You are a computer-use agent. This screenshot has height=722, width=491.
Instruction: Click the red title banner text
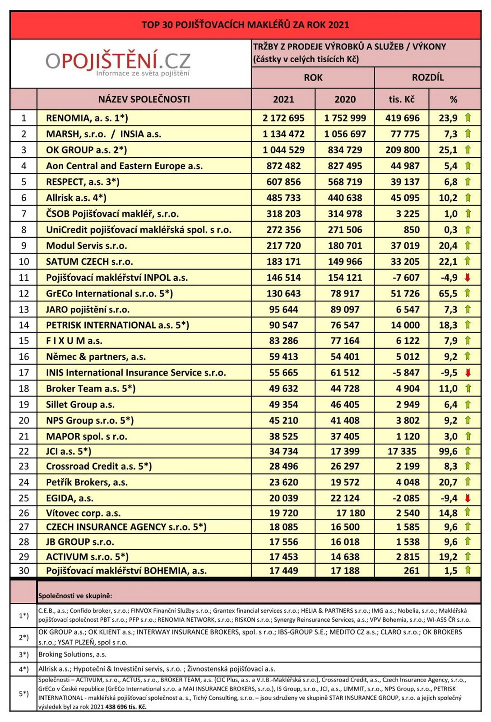tap(245, 25)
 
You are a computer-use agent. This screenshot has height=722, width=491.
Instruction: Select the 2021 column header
tap(283, 99)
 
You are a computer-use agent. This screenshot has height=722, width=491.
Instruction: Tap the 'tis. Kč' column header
tap(401, 99)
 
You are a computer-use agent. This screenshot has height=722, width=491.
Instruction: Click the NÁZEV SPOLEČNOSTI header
tap(144, 99)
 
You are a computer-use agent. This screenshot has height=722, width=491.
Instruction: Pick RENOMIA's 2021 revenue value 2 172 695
tap(283, 118)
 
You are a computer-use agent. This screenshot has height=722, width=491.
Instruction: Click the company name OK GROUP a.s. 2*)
tap(86, 150)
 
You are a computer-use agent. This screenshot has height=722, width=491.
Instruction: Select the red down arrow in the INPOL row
tap(468, 278)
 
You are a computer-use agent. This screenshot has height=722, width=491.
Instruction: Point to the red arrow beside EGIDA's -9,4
tap(468, 498)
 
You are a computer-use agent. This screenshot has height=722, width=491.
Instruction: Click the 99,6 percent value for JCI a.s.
tap(448, 451)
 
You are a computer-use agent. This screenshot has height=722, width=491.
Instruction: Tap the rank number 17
tap(23, 373)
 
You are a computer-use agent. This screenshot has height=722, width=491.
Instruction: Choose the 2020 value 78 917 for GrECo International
tap(345, 293)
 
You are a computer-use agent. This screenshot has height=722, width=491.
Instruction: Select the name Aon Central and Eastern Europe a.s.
tap(124, 166)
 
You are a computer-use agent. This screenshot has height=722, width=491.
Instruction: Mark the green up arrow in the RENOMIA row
tap(468, 118)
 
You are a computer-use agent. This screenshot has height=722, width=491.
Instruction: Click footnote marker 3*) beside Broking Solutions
tap(23, 655)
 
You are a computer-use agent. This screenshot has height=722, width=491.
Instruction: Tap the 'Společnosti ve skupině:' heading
tap(75, 596)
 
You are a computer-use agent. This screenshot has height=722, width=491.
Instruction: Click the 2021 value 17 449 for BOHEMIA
tap(283, 571)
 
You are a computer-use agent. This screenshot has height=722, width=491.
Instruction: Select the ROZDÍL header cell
tap(427, 78)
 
